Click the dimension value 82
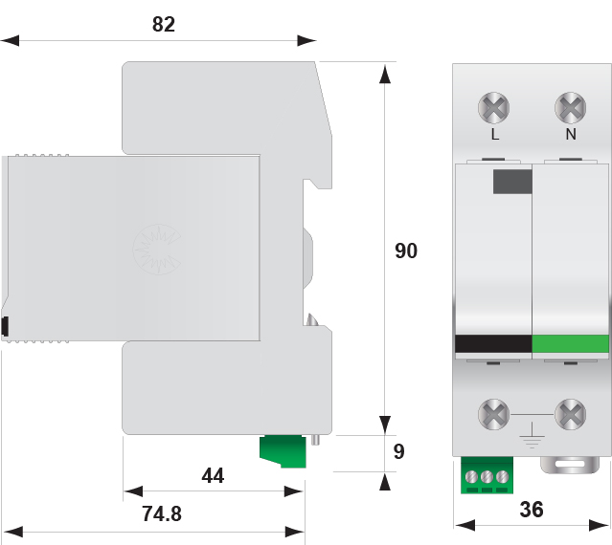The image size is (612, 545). tap(164, 24)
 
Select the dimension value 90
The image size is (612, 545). tap(406, 251)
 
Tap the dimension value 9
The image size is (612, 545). tap(398, 451)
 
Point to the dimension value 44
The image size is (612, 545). tap(213, 475)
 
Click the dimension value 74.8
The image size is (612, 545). tap(162, 513)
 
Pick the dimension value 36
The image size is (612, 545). tap(532, 510)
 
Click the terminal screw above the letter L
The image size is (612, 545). tap(494, 107)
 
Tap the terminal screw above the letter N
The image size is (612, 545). tap(570, 107)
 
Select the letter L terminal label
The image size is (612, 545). tap(495, 135)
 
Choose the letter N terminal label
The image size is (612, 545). tap(571, 135)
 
